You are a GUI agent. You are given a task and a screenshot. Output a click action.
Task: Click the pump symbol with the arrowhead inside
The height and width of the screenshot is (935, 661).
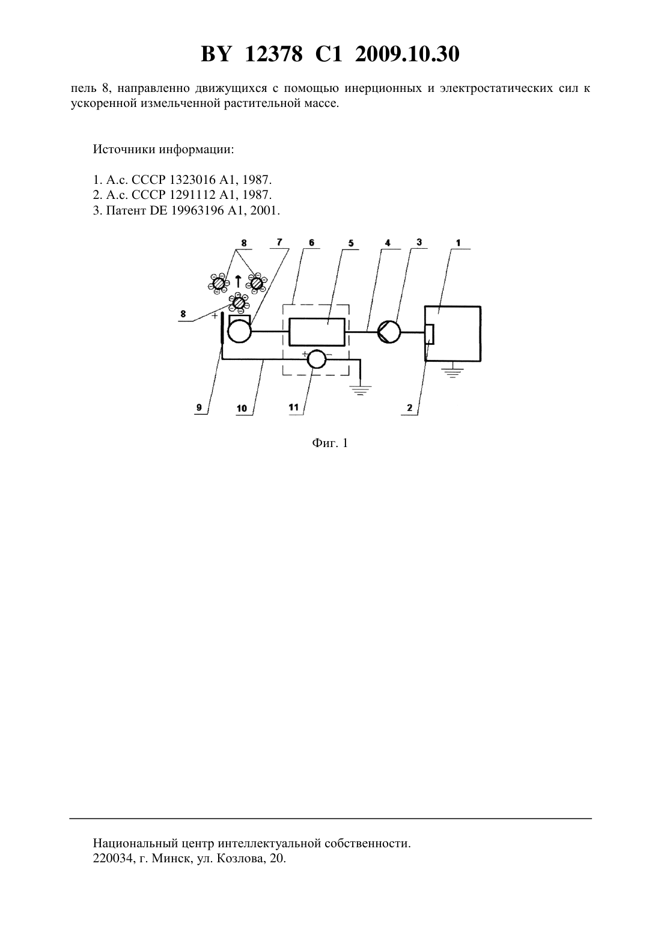pyautogui.click(x=389, y=332)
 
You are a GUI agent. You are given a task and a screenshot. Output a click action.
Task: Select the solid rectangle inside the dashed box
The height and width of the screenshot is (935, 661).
pyautogui.click(x=317, y=332)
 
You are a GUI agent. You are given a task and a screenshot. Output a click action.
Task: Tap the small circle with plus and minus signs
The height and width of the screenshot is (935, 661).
pyautogui.click(x=317, y=359)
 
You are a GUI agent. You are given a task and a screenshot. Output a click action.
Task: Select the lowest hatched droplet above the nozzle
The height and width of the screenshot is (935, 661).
pyautogui.click(x=239, y=303)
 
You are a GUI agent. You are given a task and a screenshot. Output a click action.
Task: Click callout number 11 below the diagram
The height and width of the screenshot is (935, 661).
pyautogui.click(x=294, y=407)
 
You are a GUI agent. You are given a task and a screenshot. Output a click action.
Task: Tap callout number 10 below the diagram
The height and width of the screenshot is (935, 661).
pyautogui.click(x=242, y=408)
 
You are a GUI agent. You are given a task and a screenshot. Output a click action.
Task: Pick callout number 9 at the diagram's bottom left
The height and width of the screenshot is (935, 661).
pyautogui.click(x=199, y=407)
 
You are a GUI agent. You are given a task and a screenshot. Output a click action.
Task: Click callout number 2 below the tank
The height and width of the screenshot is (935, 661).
pyautogui.click(x=409, y=408)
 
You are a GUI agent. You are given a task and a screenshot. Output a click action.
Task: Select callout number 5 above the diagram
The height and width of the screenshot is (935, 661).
pyautogui.click(x=350, y=243)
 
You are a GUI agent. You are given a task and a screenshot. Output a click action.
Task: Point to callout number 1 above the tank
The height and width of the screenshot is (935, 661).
pyautogui.click(x=458, y=243)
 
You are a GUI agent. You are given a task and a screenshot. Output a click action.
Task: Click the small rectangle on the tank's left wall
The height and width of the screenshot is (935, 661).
pyautogui.click(x=430, y=334)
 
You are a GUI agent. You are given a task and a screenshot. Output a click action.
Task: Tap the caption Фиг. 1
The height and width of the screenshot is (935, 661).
pyautogui.click(x=330, y=443)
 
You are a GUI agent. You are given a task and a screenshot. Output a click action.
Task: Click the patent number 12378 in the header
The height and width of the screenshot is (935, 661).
pyautogui.click(x=273, y=54)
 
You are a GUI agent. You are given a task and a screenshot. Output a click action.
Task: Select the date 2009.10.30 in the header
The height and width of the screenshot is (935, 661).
pyautogui.click(x=407, y=54)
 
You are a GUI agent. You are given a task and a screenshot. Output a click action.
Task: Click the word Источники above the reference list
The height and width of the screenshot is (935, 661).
pyautogui.click(x=124, y=149)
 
